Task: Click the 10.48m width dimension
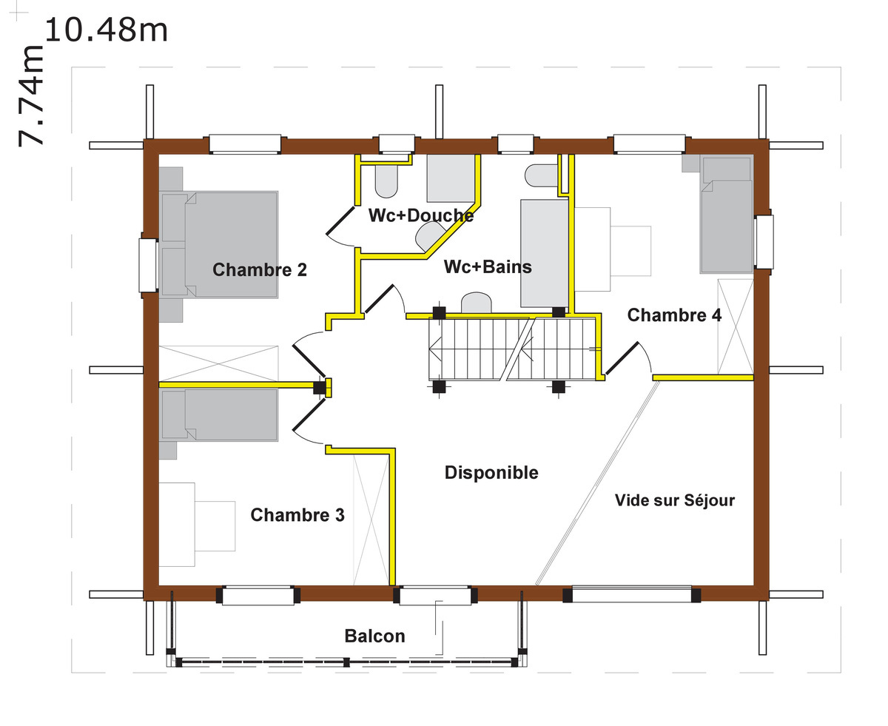point(106,30)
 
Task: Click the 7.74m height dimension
point(31,96)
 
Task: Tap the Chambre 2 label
point(259,269)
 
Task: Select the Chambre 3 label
point(297,514)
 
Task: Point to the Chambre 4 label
point(674,315)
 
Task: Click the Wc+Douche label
point(420,215)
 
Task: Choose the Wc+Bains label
point(488,267)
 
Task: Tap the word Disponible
point(491,472)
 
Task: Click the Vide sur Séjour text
point(675,500)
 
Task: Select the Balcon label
point(374,636)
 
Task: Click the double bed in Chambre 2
point(219,245)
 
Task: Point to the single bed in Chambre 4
point(727,215)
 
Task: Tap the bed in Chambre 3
point(219,415)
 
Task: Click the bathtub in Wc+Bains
point(545,253)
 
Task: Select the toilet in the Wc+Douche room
point(386,181)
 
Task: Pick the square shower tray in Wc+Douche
point(451,178)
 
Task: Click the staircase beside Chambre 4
point(514,349)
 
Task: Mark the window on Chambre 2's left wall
point(149,265)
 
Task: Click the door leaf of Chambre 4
point(622,358)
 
